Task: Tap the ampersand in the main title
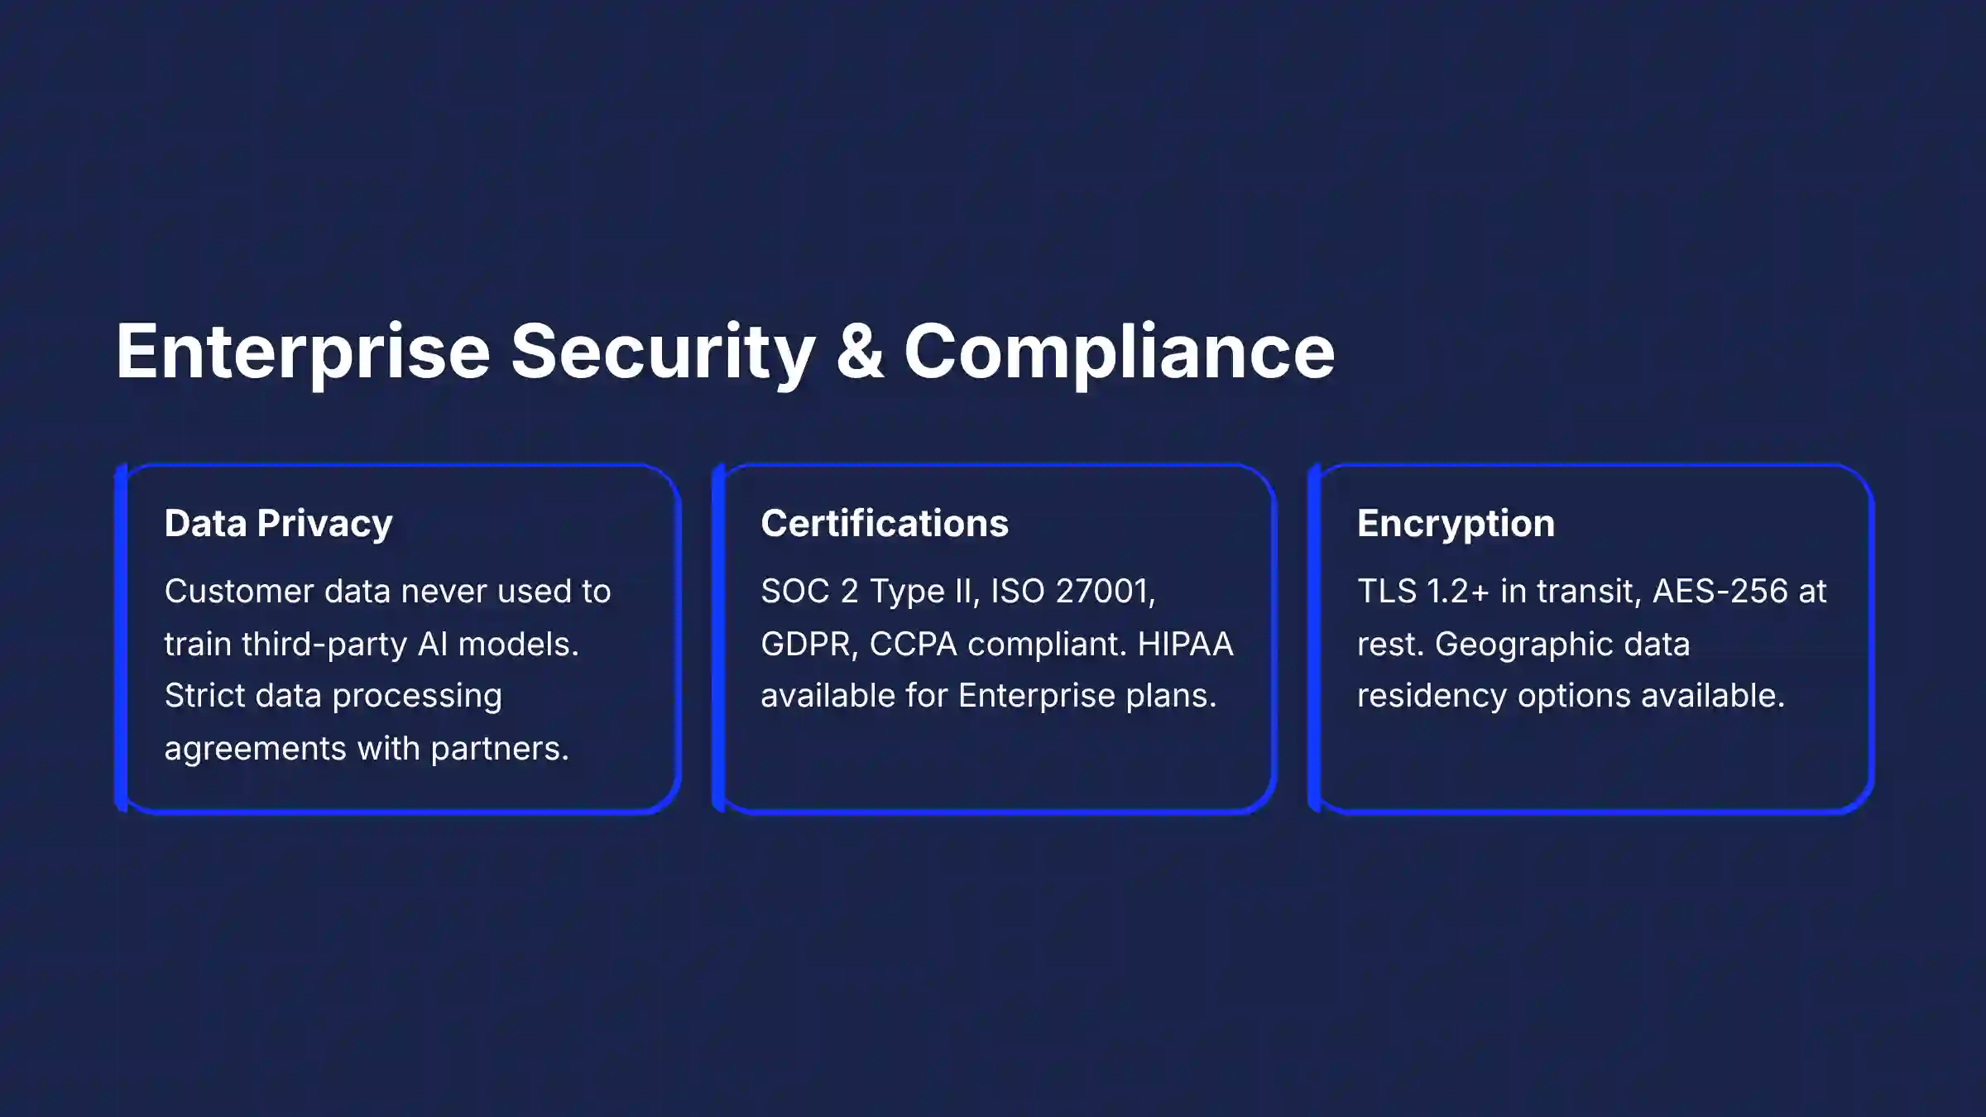click(x=860, y=352)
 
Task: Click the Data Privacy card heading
click(x=278, y=524)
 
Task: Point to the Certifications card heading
click(x=885, y=523)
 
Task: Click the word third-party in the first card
click(x=324, y=645)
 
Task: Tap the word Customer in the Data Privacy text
click(x=239, y=592)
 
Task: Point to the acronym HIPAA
click(x=1185, y=645)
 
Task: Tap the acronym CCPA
click(x=914, y=645)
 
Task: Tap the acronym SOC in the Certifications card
click(x=795, y=592)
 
